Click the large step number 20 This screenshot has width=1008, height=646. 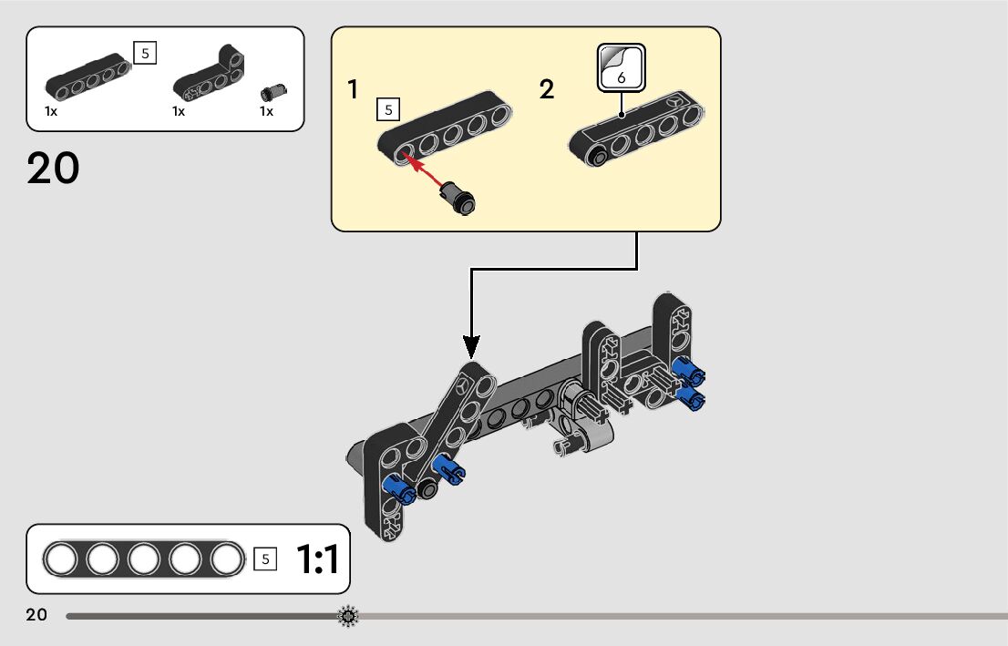53,169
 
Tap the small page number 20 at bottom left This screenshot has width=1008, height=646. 36,615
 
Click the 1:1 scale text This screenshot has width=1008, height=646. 317,559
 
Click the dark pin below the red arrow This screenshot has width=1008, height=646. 459,197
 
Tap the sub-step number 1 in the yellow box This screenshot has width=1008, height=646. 353,90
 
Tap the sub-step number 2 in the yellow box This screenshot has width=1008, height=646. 546,90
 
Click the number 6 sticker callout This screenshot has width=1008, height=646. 621,68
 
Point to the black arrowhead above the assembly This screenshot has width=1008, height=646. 470,346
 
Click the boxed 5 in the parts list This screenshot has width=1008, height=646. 144,53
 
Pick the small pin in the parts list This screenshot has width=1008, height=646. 271,91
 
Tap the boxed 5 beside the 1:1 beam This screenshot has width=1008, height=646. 265,559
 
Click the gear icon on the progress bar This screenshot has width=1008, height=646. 348,617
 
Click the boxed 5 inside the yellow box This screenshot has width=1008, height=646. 387,110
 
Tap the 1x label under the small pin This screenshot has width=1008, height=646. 266,111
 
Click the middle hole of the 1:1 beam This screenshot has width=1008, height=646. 144,559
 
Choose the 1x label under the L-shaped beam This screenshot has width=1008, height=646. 179,111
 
